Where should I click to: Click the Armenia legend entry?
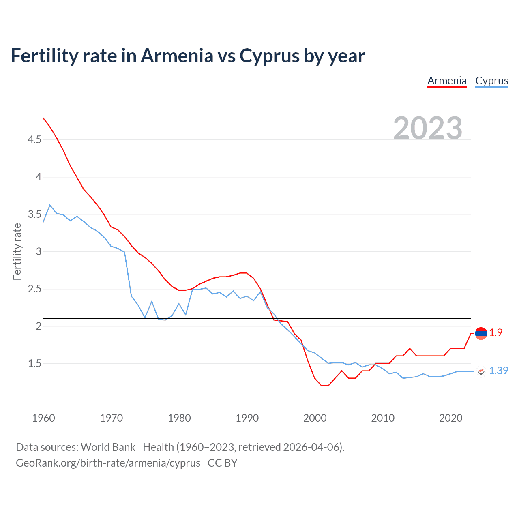(x=447, y=81)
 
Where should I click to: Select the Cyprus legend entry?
(x=491, y=81)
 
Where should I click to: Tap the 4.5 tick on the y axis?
(x=34, y=140)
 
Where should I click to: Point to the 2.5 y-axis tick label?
(x=34, y=289)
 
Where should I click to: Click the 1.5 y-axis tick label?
(x=34, y=364)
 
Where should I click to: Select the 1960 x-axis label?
(x=43, y=418)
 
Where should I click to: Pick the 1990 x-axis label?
(x=247, y=418)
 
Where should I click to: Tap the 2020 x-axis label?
(x=450, y=418)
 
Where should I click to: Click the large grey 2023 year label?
(x=428, y=128)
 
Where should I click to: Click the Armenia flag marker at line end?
(x=481, y=334)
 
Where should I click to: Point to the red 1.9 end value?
(x=495, y=333)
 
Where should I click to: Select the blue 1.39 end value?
(x=498, y=371)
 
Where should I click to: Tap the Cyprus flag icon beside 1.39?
(x=481, y=371)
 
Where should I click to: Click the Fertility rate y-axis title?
(x=17, y=251)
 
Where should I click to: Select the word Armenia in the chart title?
(x=176, y=56)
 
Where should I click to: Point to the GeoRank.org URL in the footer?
(x=108, y=463)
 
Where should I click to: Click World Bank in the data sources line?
(x=108, y=447)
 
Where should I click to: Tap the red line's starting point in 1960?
(x=43, y=118)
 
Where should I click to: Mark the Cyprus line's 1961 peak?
(x=50, y=205)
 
